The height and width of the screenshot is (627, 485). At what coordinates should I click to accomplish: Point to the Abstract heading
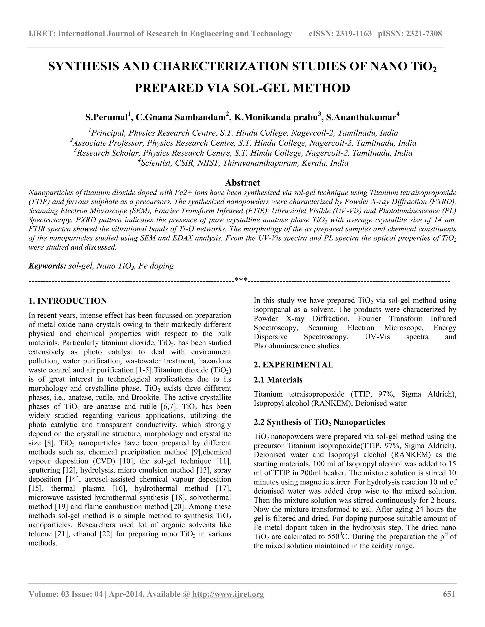pos(242,183)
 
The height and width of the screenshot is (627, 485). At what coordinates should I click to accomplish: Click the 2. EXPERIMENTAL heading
pos(293,365)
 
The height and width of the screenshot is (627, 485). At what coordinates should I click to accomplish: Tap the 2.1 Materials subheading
pos(278,380)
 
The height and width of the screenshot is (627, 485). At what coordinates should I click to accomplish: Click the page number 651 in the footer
pos(449,594)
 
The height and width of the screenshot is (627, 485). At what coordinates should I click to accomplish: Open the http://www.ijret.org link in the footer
pos(228,594)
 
